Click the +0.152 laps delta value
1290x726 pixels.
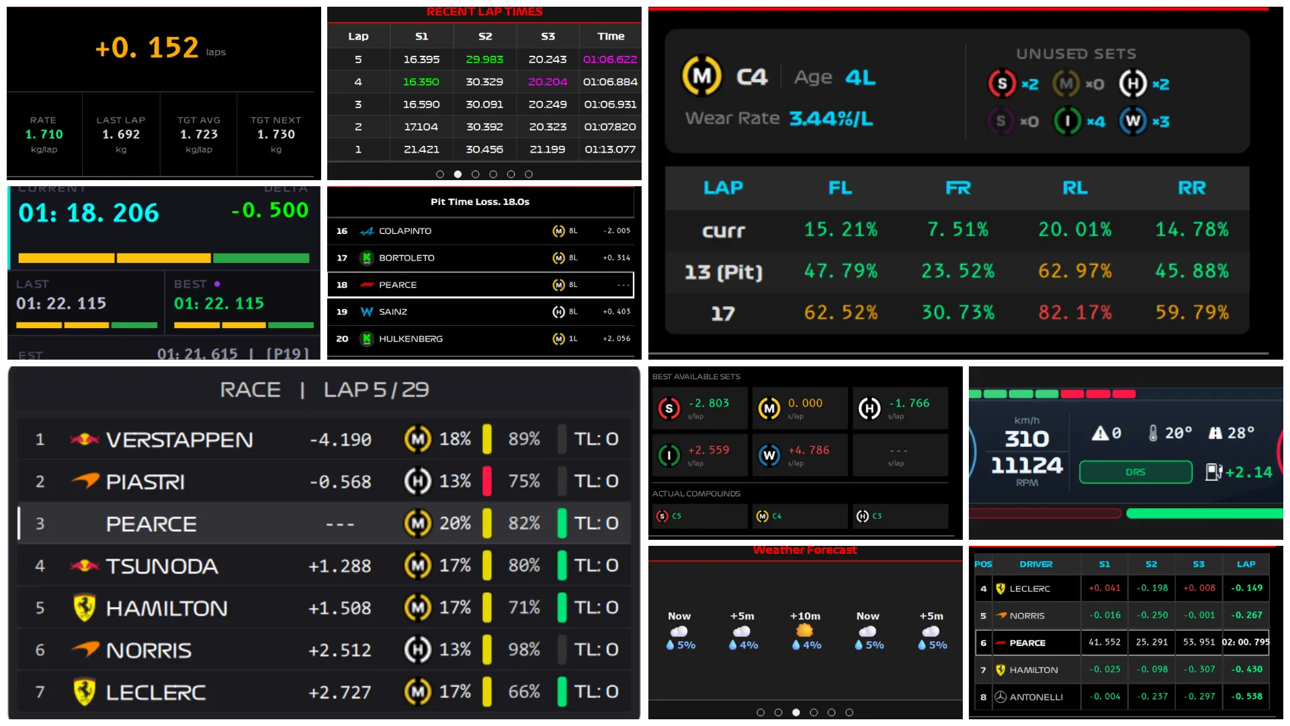click(x=146, y=48)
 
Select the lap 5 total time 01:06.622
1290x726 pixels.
click(x=609, y=59)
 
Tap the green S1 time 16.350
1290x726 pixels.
click(x=421, y=81)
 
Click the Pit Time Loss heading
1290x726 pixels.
click(x=480, y=202)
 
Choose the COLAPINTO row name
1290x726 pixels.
click(x=404, y=231)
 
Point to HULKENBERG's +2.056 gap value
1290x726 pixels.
click(x=616, y=339)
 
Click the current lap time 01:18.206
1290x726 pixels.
click(x=89, y=213)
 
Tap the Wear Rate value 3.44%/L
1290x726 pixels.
click(x=831, y=119)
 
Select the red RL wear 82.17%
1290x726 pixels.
click(x=1074, y=313)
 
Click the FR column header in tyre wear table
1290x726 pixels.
click(x=957, y=188)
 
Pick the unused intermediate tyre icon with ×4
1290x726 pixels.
click(x=1066, y=121)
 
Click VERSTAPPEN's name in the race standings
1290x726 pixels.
click(x=179, y=440)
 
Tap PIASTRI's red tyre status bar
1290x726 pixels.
click(x=487, y=481)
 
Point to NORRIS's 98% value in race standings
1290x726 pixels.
click(x=523, y=649)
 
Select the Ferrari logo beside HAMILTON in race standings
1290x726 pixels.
click(x=84, y=608)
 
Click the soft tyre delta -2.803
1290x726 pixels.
click(x=708, y=403)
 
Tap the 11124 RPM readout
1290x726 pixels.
click(x=1027, y=465)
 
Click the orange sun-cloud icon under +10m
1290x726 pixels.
click(x=804, y=631)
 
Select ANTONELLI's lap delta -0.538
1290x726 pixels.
click(x=1246, y=696)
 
